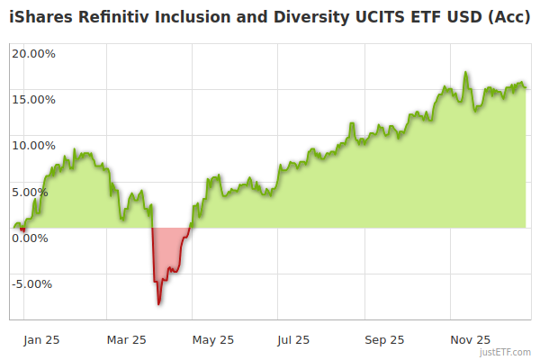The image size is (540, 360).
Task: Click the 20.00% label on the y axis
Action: pyautogui.click(x=33, y=53)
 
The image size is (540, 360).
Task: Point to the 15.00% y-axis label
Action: pyautogui.click(x=33, y=99)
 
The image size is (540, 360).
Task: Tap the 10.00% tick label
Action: pyautogui.click(x=33, y=145)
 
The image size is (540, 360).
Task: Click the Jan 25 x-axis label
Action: pyautogui.click(x=41, y=340)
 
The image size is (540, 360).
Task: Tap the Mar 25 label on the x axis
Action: pyautogui.click(x=126, y=340)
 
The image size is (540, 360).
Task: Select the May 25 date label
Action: pyautogui.click(x=213, y=340)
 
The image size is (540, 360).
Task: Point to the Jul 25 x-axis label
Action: pyautogui.click(x=293, y=340)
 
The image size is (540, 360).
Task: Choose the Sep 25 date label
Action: pyautogui.click(x=384, y=340)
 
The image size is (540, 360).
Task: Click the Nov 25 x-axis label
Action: pyautogui.click(x=470, y=340)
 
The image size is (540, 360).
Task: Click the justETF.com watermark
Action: pyautogui.click(x=507, y=353)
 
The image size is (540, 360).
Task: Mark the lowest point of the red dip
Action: pyautogui.click(x=159, y=304)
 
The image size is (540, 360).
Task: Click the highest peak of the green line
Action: pyautogui.click(x=466, y=73)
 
